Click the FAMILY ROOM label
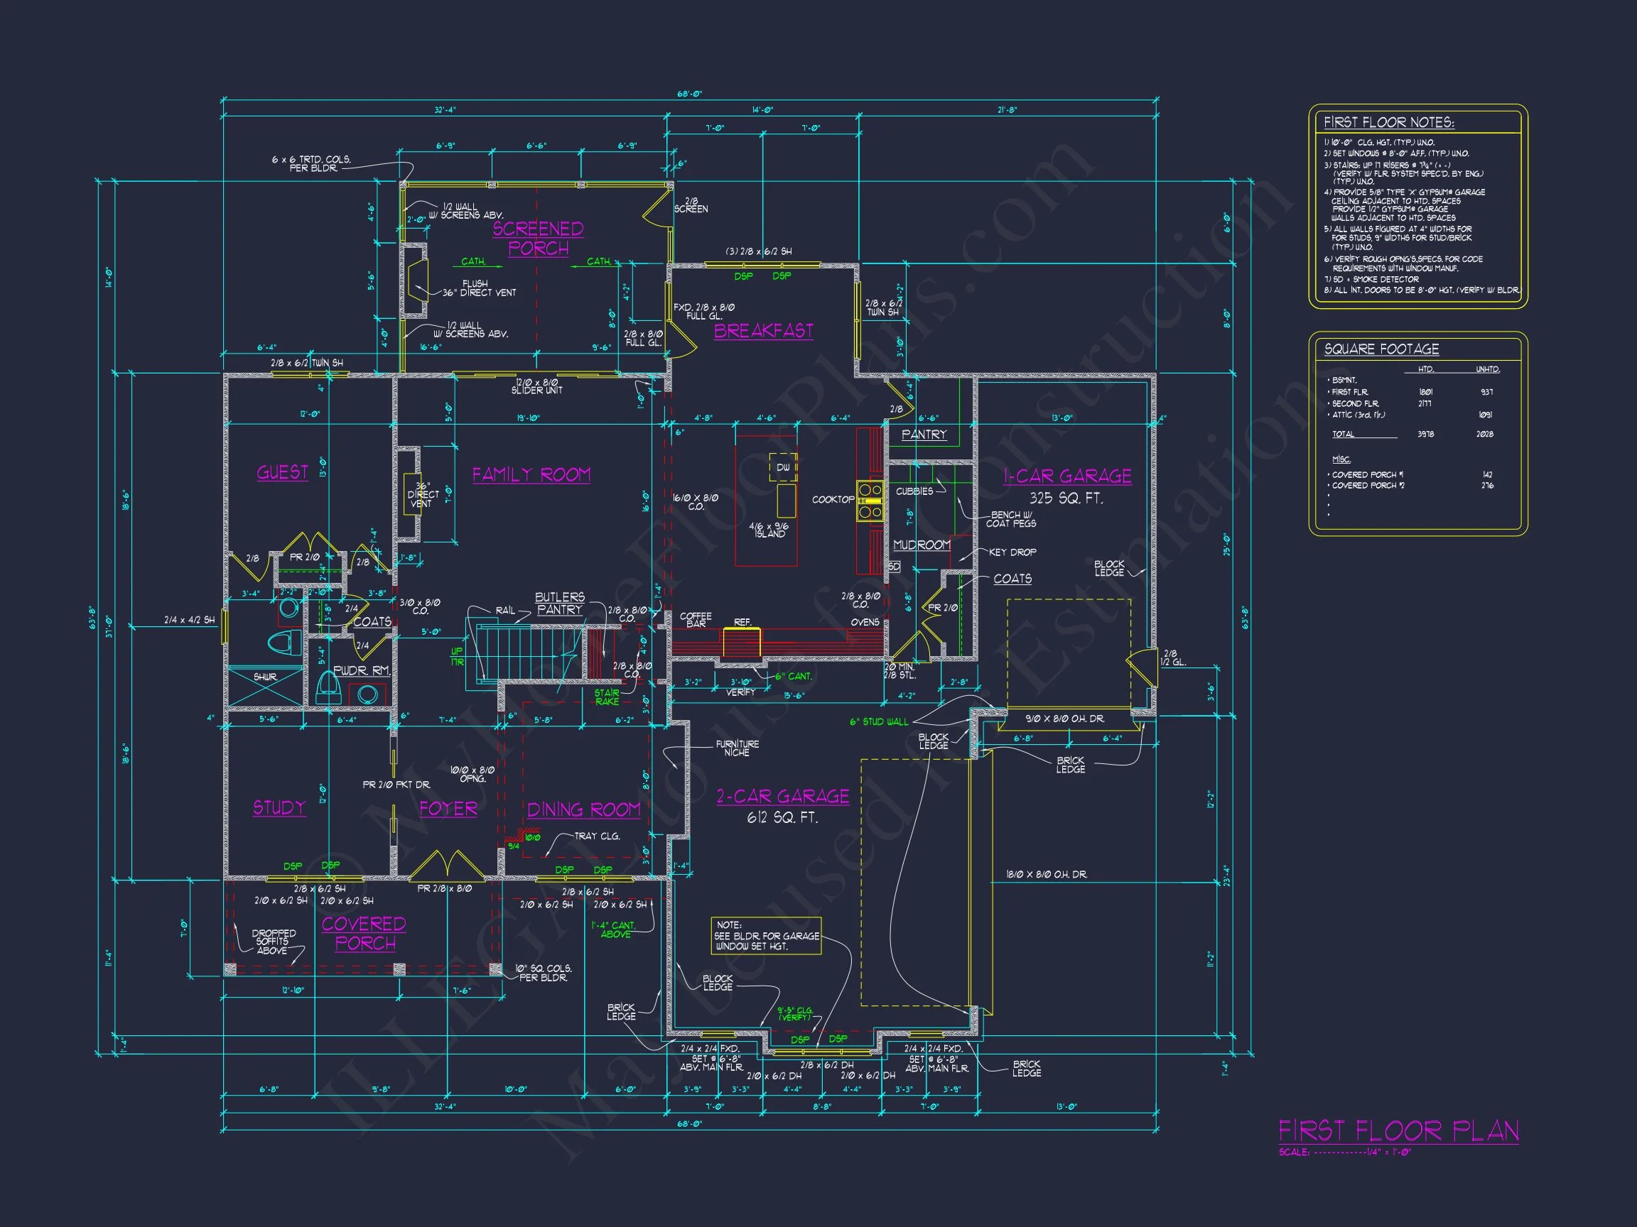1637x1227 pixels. pos(531,475)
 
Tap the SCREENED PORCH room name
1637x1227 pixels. pos(538,238)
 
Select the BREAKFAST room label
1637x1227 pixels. pos(763,331)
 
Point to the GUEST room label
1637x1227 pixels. pos(282,473)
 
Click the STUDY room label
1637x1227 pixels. pos(279,807)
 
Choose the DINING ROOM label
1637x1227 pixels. pos(583,810)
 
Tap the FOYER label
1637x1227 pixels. pos(448,808)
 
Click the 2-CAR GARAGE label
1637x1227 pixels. pos(782,797)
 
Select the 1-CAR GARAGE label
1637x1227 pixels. pos(1066,476)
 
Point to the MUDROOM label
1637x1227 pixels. pos(922,545)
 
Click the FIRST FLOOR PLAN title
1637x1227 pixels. pos(1398,1131)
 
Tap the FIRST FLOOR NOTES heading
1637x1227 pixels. pos(1388,123)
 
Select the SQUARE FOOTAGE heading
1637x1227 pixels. pos(1381,349)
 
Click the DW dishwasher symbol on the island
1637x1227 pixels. pos(783,467)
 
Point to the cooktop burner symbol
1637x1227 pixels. pos(870,501)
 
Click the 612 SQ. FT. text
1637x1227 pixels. pos(782,818)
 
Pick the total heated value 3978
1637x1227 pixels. pos(1425,434)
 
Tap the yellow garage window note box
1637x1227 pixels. pos(766,936)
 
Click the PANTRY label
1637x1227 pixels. pos(924,435)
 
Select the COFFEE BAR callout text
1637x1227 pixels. pos(696,620)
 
